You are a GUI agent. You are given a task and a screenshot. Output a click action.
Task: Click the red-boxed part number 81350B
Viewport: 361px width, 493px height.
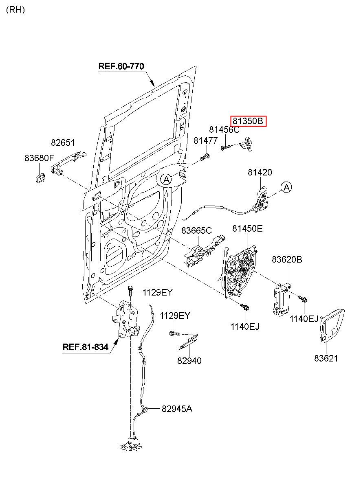pos(249,121)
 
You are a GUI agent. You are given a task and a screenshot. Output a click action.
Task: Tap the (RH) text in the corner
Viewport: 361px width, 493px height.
pos(15,10)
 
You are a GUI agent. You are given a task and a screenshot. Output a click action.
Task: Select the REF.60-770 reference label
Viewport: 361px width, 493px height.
pos(121,66)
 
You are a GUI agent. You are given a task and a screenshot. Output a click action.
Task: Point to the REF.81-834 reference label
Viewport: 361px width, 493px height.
pos(86,347)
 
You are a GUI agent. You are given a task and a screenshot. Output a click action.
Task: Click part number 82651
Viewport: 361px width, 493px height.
pos(63,143)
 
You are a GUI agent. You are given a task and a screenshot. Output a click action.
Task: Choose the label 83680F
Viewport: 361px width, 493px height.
pos(39,158)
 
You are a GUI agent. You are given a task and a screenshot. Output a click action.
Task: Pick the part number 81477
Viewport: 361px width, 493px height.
pos(205,140)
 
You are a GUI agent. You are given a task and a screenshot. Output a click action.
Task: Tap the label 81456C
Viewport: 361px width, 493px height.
pos(224,130)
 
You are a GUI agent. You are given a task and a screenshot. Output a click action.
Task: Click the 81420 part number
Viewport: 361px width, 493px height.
pos(260,173)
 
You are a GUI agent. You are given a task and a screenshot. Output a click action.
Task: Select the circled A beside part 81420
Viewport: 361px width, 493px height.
pos(286,187)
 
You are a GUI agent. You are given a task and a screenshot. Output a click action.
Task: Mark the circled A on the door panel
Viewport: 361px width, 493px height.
pos(165,179)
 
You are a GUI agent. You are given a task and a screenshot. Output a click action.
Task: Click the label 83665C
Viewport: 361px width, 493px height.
pos(196,230)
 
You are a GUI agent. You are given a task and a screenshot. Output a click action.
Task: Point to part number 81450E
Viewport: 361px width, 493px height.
pos(247,229)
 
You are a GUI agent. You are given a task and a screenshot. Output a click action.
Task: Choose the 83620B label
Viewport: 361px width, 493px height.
pos(287,259)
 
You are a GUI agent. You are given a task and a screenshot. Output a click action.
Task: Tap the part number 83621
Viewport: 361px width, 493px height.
pos(326,359)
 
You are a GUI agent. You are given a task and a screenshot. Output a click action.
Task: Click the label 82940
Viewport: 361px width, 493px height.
pos(189,361)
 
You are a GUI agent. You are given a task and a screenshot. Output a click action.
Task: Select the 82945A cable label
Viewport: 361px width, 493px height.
pos(176,409)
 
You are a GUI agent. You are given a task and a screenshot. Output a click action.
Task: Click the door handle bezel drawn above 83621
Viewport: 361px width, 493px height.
pos(332,325)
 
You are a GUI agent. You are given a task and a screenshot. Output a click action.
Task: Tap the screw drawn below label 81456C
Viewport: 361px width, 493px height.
pos(226,147)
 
